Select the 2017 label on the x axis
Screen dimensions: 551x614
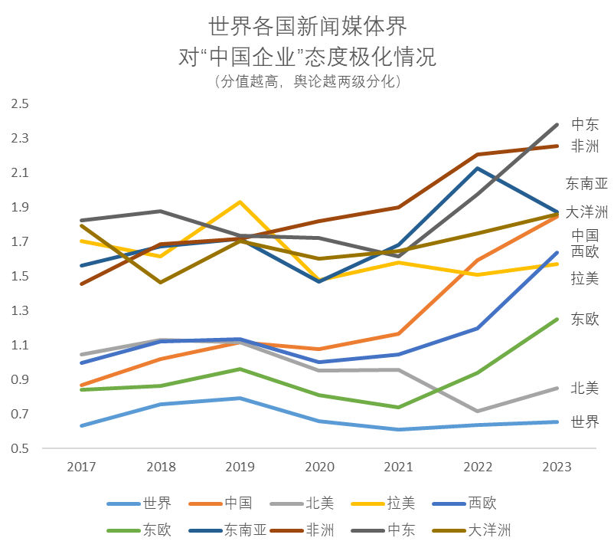pos(81,467)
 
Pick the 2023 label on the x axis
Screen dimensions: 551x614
pos(556,467)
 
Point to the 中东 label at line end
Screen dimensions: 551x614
pos(586,125)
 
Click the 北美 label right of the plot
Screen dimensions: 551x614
pos(586,389)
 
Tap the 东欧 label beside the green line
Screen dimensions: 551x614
pos(586,320)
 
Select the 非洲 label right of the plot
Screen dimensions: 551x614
pos(586,147)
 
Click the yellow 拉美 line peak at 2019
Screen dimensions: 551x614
pos(240,202)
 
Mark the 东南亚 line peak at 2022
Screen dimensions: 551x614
pos(477,169)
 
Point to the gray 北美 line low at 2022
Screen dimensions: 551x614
pos(477,411)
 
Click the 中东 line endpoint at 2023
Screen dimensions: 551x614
pos(557,124)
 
